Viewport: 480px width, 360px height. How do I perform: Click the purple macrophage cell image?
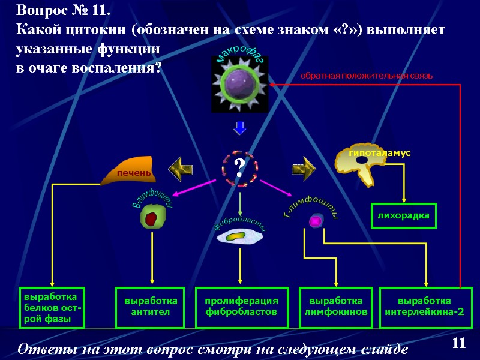pos(240,85)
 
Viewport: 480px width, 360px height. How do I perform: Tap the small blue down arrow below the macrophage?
pos(240,128)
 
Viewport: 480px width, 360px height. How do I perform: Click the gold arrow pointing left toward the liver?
pos(179,169)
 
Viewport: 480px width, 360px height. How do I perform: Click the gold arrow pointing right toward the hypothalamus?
pos(304,169)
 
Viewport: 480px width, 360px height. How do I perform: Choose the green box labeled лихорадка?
pos(404,215)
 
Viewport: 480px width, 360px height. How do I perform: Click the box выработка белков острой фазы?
pos(52,308)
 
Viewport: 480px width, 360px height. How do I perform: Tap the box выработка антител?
pos(151,307)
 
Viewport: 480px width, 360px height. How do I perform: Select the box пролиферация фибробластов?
pos(242,307)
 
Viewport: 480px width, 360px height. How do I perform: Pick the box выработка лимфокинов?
pos(336,307)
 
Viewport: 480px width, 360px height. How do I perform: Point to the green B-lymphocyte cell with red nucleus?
pos(152,218)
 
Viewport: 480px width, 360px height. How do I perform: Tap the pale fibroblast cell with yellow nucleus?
pos(239,237)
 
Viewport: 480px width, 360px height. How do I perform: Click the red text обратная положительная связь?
pos(366,76)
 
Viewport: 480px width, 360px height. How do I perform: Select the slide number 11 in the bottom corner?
pos(459,343)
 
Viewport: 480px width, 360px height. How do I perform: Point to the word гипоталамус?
pos(380,153)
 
